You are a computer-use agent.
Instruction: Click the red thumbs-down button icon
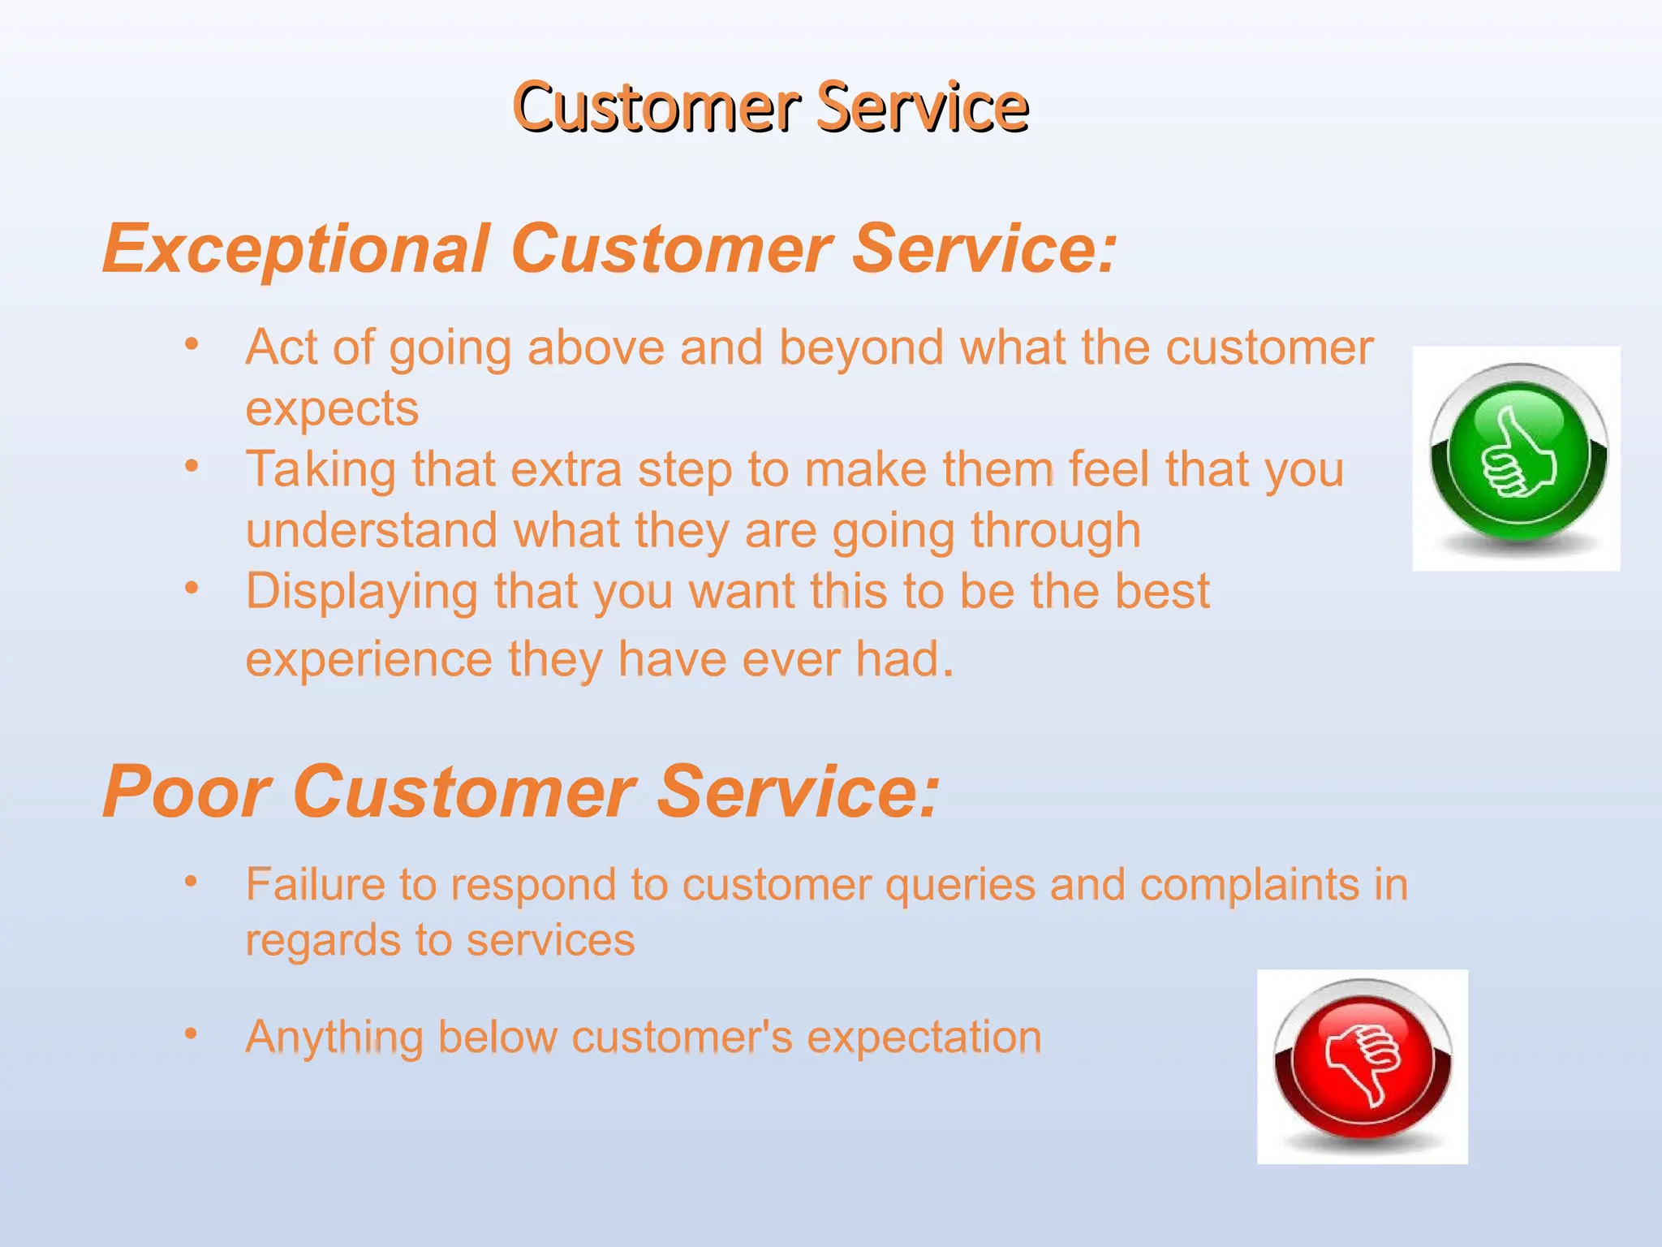tap(1363, 1064)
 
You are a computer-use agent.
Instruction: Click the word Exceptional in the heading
tap(296, 248)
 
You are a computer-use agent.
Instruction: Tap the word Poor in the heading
tap(187, 792)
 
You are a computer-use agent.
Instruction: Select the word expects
tap(332, 408)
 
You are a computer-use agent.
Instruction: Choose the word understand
tap(371, 531)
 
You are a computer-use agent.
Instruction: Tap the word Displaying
tap(362, 592)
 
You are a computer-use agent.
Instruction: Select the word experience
tap(368, 658)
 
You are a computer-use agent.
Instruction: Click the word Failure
tap(314, 884)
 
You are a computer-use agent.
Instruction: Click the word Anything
tap(334, 1038)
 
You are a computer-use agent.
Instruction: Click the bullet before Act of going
tap(192, 344)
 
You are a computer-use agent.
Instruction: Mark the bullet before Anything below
tap(191, 1033)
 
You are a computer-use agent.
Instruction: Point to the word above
tap(596, 348)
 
